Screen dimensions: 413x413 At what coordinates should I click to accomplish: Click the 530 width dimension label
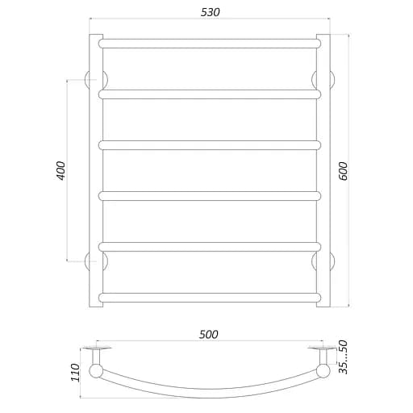click(x=210, y=12)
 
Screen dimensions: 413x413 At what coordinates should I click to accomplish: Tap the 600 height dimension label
click(x=343, y=171)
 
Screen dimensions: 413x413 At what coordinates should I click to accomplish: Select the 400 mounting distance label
click(x=60, y=170)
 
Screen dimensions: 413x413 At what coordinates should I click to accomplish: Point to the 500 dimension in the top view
click(x=208, y=335)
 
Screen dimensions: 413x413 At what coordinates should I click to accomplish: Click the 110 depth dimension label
click(x=75, y=373)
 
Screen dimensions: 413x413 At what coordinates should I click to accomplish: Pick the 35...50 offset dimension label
click(x=343, y=357)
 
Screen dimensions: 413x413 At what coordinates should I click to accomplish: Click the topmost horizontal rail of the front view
click(x=210, y=44)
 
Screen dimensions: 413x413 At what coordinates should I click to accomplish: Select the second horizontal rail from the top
click(x=210, y=94)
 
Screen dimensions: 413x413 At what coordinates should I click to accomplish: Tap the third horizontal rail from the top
click(x=210, y=145)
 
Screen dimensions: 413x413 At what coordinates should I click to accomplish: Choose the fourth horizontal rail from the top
click(x=210, y=196)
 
